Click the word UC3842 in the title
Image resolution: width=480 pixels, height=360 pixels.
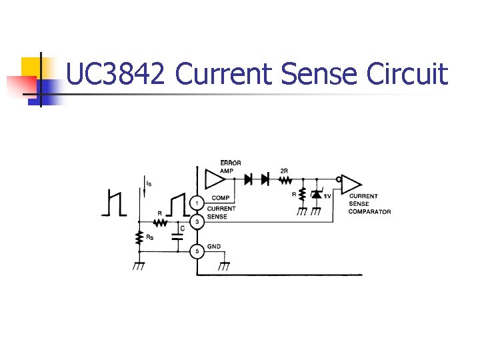point(115,74)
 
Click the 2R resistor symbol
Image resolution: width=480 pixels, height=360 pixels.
point(285,179)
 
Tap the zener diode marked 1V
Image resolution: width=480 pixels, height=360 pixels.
point(317,194)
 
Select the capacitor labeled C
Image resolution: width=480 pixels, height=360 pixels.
point(178,235)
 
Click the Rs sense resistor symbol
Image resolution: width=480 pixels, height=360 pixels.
point(139,237)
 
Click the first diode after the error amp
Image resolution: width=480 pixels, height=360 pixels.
point(249,179)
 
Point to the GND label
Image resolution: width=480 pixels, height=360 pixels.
point(214,246)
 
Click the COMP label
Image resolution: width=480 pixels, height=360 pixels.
point(220,198)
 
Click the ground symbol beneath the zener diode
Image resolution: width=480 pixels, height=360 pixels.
point(317,211)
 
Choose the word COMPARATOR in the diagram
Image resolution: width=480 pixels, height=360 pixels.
point(369,212)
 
